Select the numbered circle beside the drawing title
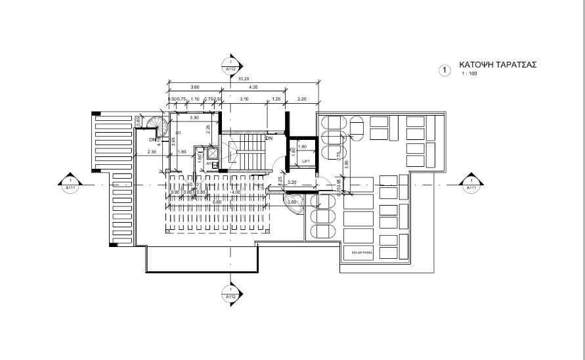click(445, 69)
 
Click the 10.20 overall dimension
click(244, 79)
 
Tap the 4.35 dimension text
click(253, 87)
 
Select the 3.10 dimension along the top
click(244, 99)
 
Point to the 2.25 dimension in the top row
click(302, 99)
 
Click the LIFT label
click(305, 160)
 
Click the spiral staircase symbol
click(156, 124)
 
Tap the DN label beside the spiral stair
click(151, 139)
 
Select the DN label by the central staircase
click(269, 139)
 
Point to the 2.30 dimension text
click(152, 152)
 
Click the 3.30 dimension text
click(194, 118)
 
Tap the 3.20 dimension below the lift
click(292, 181)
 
